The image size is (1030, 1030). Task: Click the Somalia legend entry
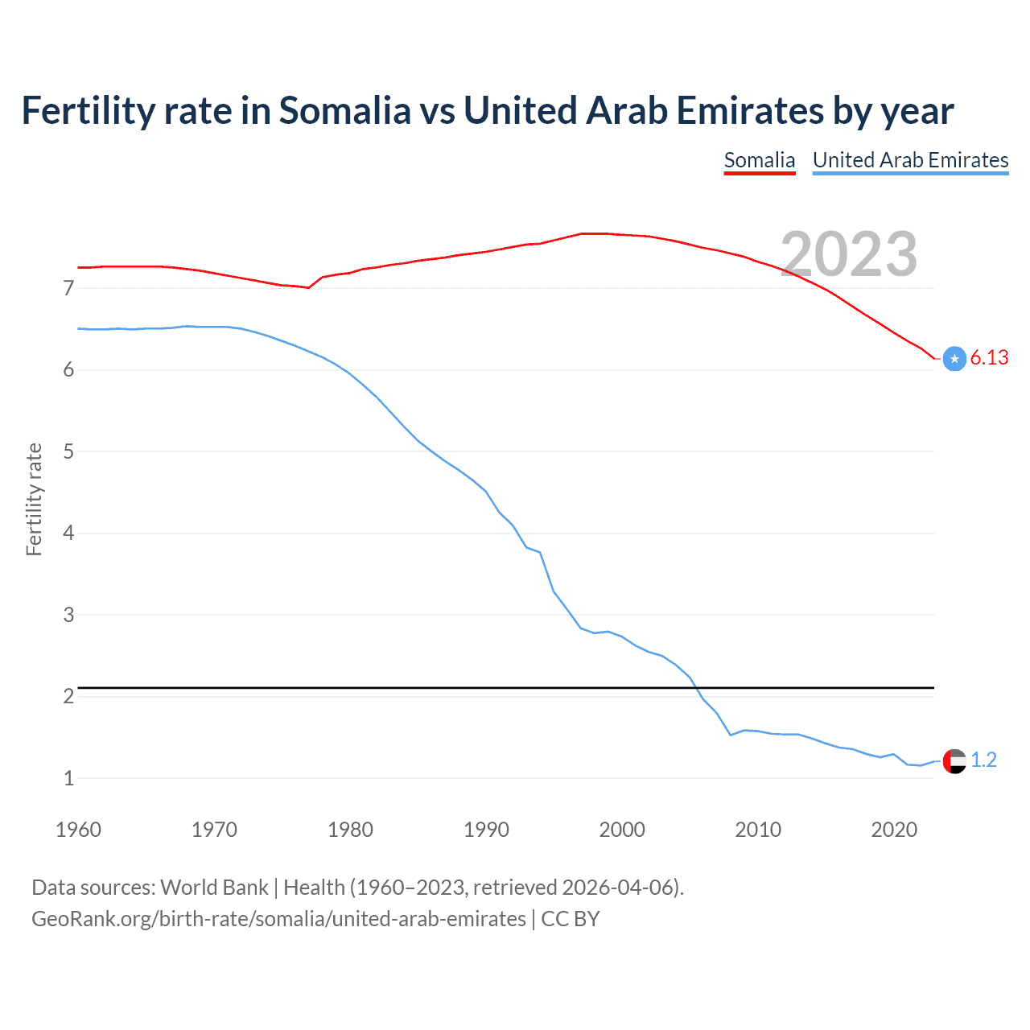pyautogui.click(x=759, y=160)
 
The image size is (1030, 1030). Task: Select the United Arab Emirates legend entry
pyautogui.click(x=910, y=160)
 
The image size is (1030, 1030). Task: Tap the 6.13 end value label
pyautogui.click(x=989, y=358)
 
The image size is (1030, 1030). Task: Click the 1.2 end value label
pyautogui.click(x=983, y=760)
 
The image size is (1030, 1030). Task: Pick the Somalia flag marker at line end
pyautogui.click(x=954, y=359)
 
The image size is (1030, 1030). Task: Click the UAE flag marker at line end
pyautogui.click(x=954, y=760)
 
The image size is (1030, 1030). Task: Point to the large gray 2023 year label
pyautogui.click(x=849, y=254)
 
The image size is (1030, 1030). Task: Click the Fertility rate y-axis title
pyautogui.click(x=34, y=499)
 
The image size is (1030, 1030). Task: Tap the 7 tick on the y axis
pyautogui.click(x=68, y=288)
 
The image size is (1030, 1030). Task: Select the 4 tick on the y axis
pyautogui.click(x=68, y=533)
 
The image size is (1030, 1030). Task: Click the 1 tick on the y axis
pyautogui.click(x=68, y=778)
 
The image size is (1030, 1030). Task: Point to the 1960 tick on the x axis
pyautogui.click(x=78, y=830)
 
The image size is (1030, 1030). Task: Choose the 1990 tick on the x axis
pyautogui.click(x=486, y=830)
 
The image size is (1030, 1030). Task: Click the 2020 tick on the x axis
pyautogui.click(x=894, y=830)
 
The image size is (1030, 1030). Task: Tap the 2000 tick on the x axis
pyautogui.click(x=622, y=830)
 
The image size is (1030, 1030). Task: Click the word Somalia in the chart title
pyautogui.click(x=344, y=110)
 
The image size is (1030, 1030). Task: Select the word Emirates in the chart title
pyautogui.click(x=750, y=110)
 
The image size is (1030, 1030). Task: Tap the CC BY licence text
pyautogui.click(x=571, y=919)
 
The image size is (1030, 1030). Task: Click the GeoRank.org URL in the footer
pyautogui.click(x=278, y=919)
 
